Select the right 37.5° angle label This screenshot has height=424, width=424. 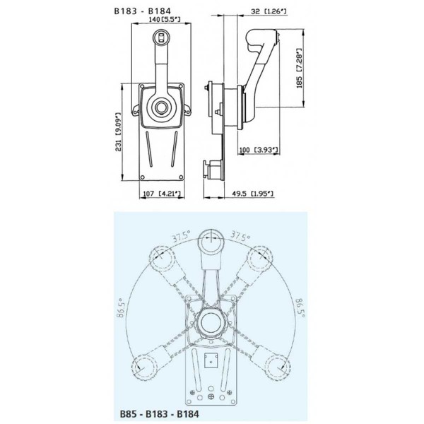tap(240, 237)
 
